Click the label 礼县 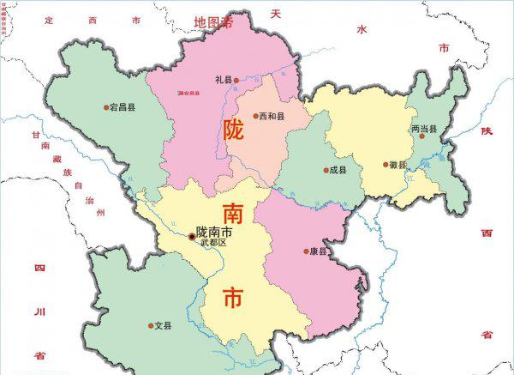(x=224, y=79)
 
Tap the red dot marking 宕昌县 (x=107, y=107)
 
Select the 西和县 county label (x=271, y=116)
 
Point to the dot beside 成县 (x=326, y=170)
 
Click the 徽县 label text (x=398, y=165)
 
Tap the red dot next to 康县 (x=306, y=251)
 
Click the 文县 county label (x=163, y=326)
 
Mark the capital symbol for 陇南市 (x=191, y=234)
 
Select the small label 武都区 (x=213, y=244)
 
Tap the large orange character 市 (x=233, y=297)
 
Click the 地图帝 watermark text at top (x=214, y=21)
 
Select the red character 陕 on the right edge (x=487, y=130)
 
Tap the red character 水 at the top (x=362, y=28)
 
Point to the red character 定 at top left (x=49, y=18)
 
